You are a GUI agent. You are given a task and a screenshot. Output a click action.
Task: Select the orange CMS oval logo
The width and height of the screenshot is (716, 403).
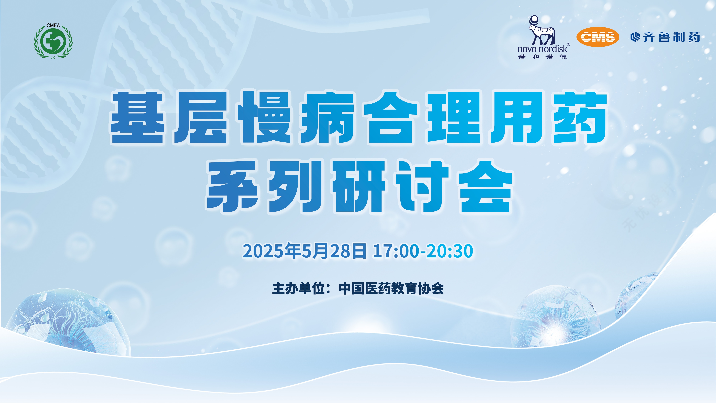tap(598, 37)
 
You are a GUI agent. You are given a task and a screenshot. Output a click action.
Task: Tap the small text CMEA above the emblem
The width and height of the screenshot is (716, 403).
tap(53, 25)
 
